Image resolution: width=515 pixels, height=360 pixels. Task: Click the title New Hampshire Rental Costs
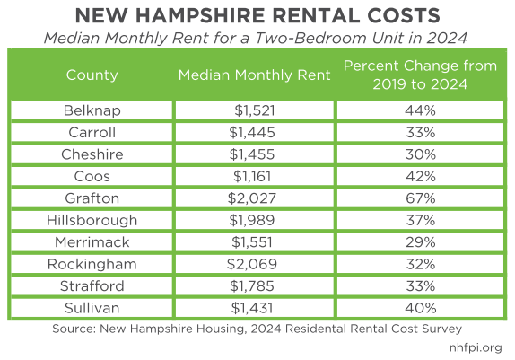pos(257,17)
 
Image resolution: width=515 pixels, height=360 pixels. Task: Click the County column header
pos(92,75)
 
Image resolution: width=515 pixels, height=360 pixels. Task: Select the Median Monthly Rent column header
pos(255,75)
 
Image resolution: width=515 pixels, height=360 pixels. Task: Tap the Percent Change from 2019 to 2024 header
pos(419,75)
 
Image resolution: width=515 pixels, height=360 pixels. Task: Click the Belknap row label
pos(92,110)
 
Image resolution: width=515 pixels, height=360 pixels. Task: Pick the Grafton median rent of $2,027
pos(255,198)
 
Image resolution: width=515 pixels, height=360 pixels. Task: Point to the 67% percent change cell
pos(419,198)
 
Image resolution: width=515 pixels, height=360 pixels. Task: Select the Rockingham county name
pos(92,264)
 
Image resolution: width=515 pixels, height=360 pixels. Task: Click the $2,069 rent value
pos(255,264)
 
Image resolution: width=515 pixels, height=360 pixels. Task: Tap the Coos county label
pos(92,176)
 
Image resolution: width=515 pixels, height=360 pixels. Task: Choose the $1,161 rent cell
pos(255,176)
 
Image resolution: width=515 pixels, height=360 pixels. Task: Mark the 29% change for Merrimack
pos(419,242)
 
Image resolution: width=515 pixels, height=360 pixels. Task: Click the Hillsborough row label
pos(92,220)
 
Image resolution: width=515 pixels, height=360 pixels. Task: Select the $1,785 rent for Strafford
pos(255,286)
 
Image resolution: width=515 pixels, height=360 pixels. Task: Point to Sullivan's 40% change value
pos(419,308)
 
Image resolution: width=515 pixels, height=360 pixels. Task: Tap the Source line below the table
pos(257,328)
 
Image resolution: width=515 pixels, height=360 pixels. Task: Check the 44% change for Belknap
pos(419,110)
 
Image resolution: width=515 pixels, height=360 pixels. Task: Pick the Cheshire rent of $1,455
pos(255,154)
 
